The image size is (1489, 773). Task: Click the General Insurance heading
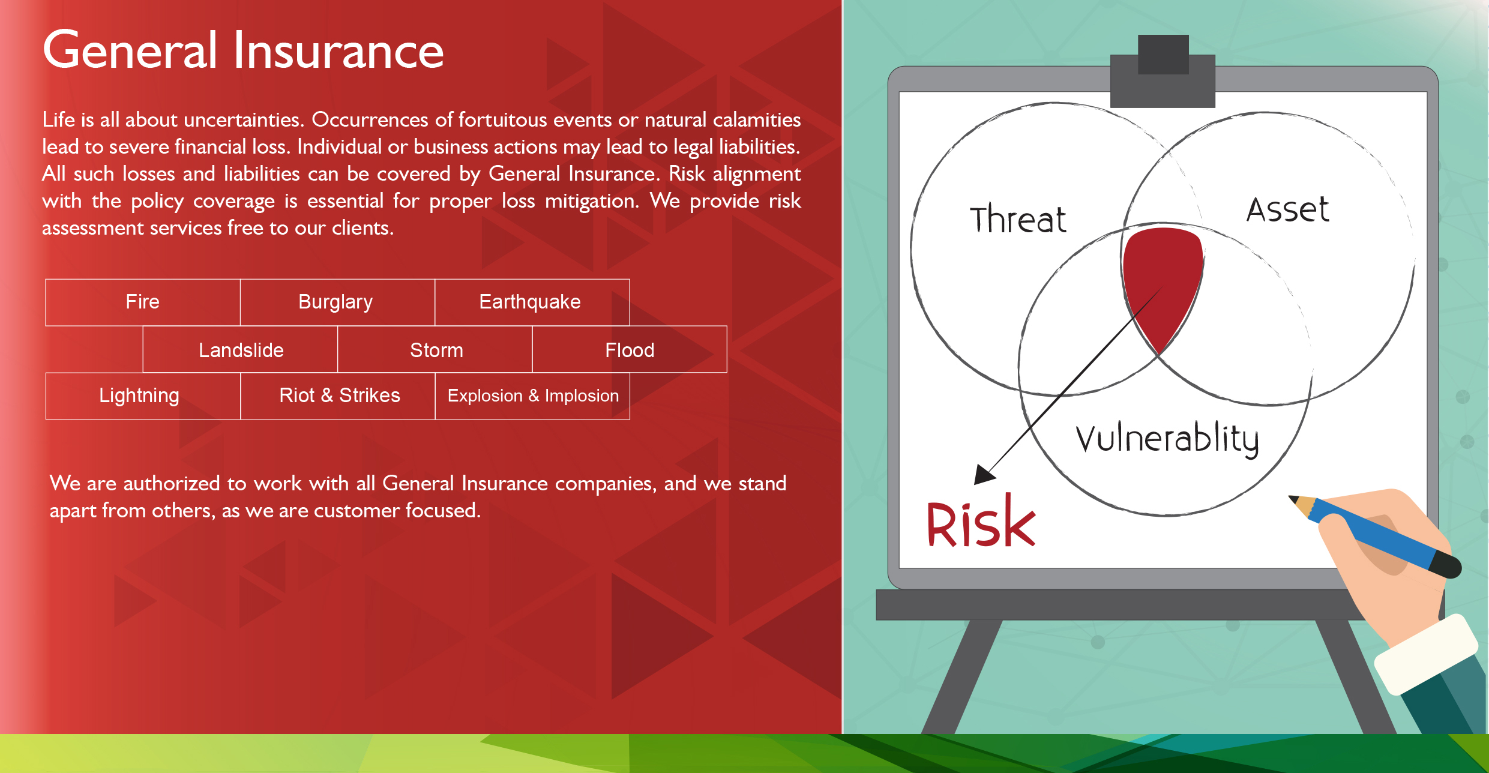pos(243,50)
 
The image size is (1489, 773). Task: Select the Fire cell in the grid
pos(143,302)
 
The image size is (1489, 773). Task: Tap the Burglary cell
pos(337,302)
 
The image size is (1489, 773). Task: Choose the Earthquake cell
pos(532,302)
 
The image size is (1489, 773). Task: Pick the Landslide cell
pos(240,349)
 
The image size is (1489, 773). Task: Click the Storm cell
pos(435,349)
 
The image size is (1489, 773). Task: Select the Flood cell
pos(630,349)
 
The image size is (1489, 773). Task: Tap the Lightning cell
pos(143,396)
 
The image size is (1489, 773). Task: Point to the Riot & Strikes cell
pos(337,396)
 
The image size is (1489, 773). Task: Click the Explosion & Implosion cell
pos(532,396)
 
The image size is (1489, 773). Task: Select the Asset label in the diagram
pos(1288,209)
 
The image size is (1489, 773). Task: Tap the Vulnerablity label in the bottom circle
pos(1167,439)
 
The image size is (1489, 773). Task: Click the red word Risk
pos(981,521)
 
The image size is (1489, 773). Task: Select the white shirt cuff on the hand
pos(1426,654)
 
